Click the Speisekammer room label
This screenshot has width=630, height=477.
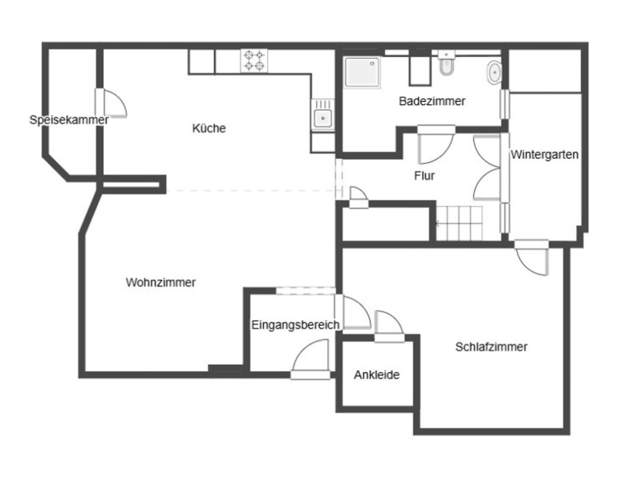69,120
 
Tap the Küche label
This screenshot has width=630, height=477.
209,128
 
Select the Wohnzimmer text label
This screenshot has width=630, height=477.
161,282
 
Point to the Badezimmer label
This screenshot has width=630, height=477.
432,101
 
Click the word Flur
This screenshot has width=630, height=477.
424,175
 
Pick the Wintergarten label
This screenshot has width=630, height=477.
545,155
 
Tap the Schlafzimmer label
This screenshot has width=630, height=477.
491,347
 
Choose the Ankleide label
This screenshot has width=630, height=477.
377,375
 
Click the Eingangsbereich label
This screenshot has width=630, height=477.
295,324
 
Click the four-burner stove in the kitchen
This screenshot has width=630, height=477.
255,60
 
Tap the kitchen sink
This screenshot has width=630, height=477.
322,117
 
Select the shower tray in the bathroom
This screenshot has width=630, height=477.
362,72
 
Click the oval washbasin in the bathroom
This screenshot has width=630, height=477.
494,73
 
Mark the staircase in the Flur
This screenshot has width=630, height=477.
459,223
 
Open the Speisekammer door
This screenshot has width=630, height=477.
111,103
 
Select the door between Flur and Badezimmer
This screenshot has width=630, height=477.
436,145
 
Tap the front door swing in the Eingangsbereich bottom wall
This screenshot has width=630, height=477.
311,359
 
